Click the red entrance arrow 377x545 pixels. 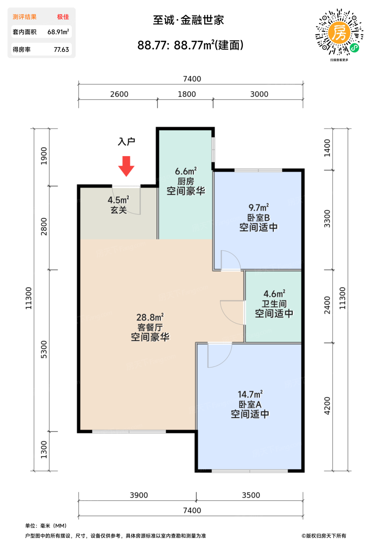coord(126,166)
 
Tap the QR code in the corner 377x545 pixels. coord(339,32)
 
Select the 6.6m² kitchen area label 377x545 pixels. coord(186,171)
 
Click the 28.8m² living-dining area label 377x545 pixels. coord(150,317)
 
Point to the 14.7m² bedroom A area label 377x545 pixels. coord(250,394)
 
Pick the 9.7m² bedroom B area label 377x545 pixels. coord(259,207)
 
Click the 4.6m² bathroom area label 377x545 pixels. coord(274,294)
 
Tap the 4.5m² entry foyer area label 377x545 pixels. coord(118,200)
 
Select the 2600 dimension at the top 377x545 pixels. coord(119,94)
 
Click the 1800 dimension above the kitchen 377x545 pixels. coord(187,94)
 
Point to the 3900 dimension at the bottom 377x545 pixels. coord(139,495)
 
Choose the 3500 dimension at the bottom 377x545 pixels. coord(251,495)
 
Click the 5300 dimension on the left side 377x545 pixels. coord(44,350)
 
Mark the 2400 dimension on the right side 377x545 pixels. coord(327,305)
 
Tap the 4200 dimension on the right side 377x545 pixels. coord(327,406)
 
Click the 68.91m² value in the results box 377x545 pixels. coord(58,32)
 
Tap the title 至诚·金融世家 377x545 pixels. coord(188,20)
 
